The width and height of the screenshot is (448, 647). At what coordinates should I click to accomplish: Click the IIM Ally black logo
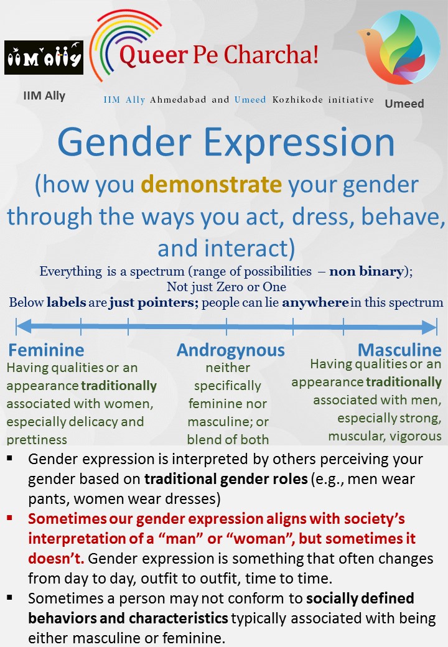[x=44, y=58]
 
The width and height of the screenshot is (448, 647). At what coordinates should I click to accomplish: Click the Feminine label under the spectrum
[x=46, y=350]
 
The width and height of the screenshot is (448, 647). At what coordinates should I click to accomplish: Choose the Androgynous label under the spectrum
[x=230, y=350]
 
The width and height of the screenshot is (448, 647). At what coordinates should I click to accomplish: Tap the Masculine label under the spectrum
[x=399, y=349]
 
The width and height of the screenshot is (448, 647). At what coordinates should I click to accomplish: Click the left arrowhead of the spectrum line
[x=22, y=326]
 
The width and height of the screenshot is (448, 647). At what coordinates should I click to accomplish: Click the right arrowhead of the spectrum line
[x=430, y=327]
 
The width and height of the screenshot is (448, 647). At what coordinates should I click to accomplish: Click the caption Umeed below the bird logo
[x=404, y=103]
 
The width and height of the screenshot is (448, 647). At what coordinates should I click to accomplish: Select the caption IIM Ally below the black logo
[x=44, y=96]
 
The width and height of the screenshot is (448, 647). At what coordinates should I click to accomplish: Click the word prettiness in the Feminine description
[x=37, y=439]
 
